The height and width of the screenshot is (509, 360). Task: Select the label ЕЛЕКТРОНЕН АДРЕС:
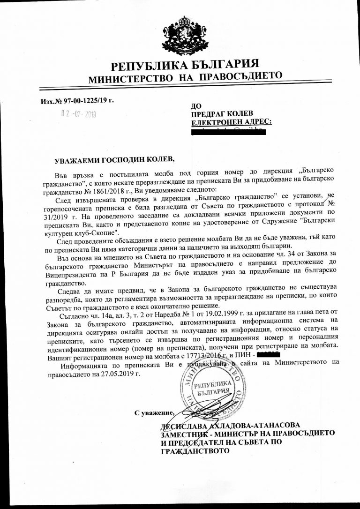(x=232, y=122)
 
